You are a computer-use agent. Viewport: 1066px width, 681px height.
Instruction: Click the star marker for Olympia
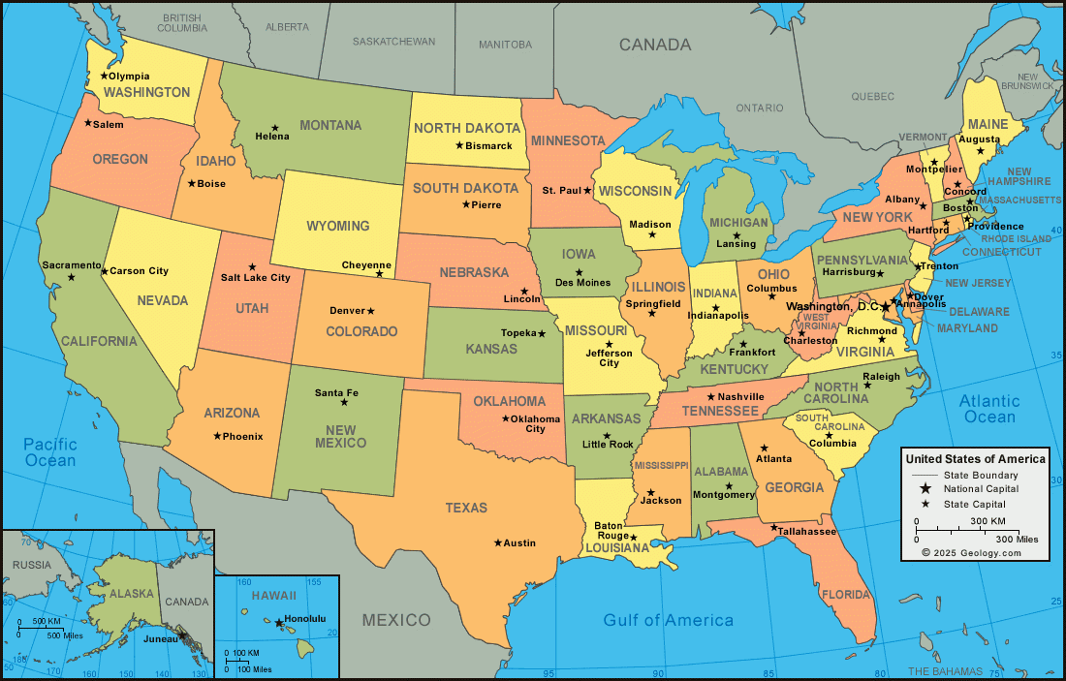pos(104,76)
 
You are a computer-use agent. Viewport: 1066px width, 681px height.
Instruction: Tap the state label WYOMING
pos(338,226)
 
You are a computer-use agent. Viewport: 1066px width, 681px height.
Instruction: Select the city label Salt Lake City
pos(255,278)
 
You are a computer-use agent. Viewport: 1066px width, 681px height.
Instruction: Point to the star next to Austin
pos(498,542)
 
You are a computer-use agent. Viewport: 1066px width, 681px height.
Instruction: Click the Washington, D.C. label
pos(831,306)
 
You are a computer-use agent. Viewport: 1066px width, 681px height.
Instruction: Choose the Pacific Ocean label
pos(50,452)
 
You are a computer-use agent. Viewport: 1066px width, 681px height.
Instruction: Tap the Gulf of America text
pos(668,620)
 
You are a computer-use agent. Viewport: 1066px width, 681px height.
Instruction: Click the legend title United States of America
pos(974,458)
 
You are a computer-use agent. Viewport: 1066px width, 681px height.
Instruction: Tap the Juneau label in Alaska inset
pos(160,638)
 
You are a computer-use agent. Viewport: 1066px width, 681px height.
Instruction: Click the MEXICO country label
pos(396,619)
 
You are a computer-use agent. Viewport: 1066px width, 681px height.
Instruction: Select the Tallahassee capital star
pos(774,528)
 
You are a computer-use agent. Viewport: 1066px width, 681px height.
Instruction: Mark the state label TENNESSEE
pos(720,411)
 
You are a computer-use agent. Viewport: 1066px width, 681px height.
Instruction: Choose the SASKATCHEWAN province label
pos(393,42)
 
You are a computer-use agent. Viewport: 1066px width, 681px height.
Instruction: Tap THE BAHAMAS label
pos(951,671)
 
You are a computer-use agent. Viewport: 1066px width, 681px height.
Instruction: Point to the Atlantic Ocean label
pos(989,409)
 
